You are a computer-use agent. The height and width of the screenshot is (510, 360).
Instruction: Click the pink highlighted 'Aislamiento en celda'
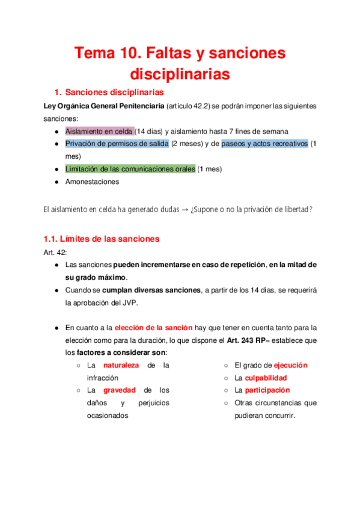99,131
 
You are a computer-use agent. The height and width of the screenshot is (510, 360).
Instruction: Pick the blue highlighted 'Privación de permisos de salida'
117,144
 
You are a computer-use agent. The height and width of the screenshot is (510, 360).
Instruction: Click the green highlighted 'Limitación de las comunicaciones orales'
130,169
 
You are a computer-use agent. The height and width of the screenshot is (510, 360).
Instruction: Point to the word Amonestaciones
92,182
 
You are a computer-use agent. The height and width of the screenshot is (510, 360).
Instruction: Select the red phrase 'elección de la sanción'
153,328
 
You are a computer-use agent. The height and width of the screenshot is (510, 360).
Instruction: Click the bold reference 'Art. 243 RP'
246,340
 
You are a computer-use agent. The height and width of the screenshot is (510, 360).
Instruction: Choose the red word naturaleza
121,365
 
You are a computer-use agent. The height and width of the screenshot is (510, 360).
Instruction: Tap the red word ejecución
290,365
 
